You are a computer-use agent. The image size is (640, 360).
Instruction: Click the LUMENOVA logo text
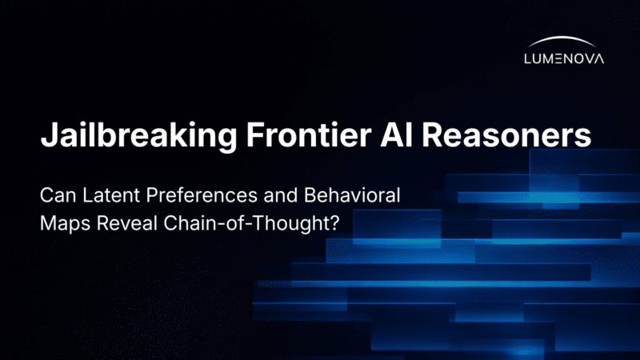(x=564, y=58)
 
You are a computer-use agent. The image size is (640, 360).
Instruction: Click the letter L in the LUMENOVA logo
(x=527, y=58)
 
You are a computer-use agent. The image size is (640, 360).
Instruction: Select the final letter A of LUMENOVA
(x=599, y=58)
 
